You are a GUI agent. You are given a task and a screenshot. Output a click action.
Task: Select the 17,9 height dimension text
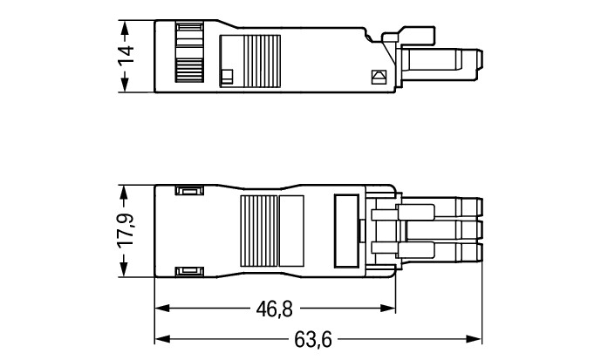click(x=127, y=231)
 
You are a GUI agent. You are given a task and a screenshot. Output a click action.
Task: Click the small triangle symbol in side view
click(x=378, y=77)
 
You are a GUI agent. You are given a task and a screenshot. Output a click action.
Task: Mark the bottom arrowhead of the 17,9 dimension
click(x=127, y=272)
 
